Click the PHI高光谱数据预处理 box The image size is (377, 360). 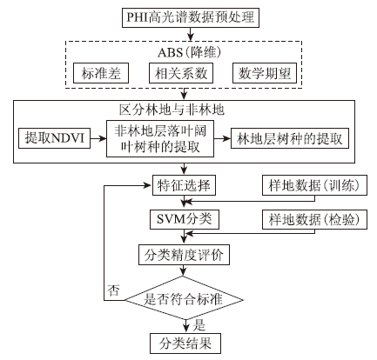pyautogui.click(x=191, y=17)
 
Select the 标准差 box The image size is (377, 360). pyautogui.click(x=101, y=73)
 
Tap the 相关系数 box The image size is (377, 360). pyautogui.click(x=181, y=73)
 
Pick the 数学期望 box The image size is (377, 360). pyautogui.click(x=265, y=73)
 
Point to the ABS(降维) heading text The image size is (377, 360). pyautogui.click(x=190, y=52)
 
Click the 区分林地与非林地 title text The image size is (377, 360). pyautogui.click(x=172, y=110)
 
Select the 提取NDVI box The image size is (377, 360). pyautogui.click(x=55, y=138)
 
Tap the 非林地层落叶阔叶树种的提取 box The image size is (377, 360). pyautogui.click(x=160, y=139)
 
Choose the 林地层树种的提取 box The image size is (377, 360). pyautogui.click(x=290, y=138)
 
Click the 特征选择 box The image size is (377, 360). pyautogui.click(x=184, y=185)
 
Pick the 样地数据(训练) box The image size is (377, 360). pyautogui.click(x=314, y=185)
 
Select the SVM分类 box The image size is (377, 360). pyautogui.click(x=185, y=219)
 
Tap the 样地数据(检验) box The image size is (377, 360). pyautogui.click(x=314, y=219)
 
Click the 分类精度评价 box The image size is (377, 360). pyautogui.click(x=184, y=255)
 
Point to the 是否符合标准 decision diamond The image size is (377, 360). pyautogui.click(x=184, y=300)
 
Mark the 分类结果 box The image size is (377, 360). pyautogui.click(x=185, y=343)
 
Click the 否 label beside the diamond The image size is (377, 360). pyautogui.click(x=113, y=290)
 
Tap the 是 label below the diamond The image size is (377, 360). pyautogui.click(x=199, y=325)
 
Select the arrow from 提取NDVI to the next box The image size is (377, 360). pyautogui.click(x=98, y=138)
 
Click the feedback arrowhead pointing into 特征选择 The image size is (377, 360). pyautogui.click(x=148, y=185)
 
